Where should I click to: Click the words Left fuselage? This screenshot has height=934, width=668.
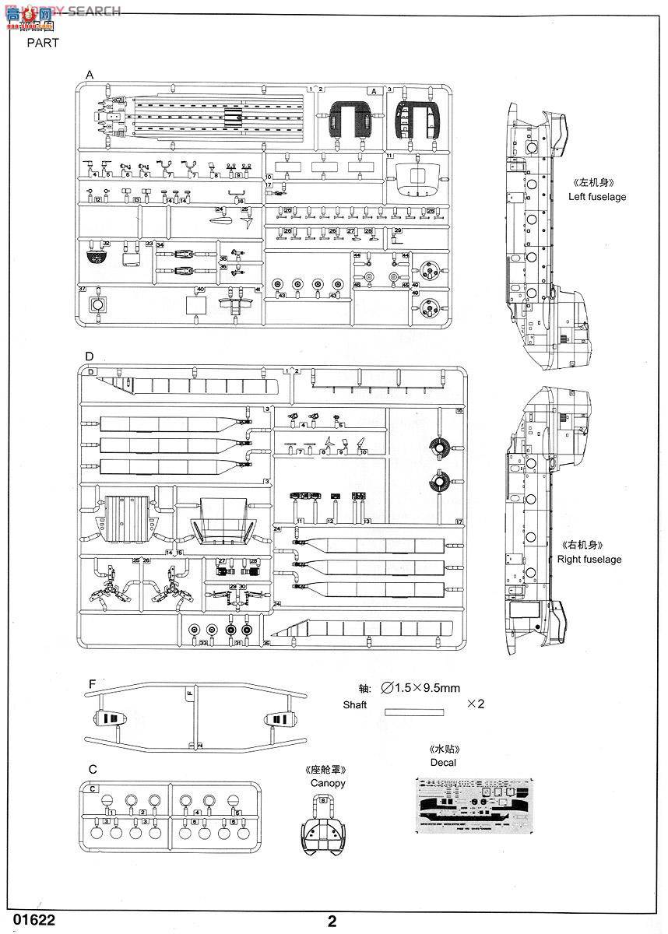point(596,197)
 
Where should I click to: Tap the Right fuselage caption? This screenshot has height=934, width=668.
point(589,559)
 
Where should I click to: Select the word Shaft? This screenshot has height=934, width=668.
point(354,704)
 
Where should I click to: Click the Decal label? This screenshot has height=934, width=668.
point(443,762)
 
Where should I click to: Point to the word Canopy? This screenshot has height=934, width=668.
point(327,783)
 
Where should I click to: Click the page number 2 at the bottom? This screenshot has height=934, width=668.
point(332,922)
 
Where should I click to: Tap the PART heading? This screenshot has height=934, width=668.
point(43,43)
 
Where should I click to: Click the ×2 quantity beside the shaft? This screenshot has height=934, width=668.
point(475,704)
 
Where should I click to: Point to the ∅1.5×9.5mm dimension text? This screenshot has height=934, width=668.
point(421,688)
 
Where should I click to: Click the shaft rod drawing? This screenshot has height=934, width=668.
point(414,711)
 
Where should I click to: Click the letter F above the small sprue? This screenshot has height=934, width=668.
point(92,684)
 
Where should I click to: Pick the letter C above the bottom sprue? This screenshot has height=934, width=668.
point(93,769)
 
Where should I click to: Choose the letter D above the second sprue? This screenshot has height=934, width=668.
point(90,356)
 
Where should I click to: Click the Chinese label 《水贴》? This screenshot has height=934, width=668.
point(443,749)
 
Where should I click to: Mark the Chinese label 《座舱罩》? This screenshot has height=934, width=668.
point(326,770)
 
